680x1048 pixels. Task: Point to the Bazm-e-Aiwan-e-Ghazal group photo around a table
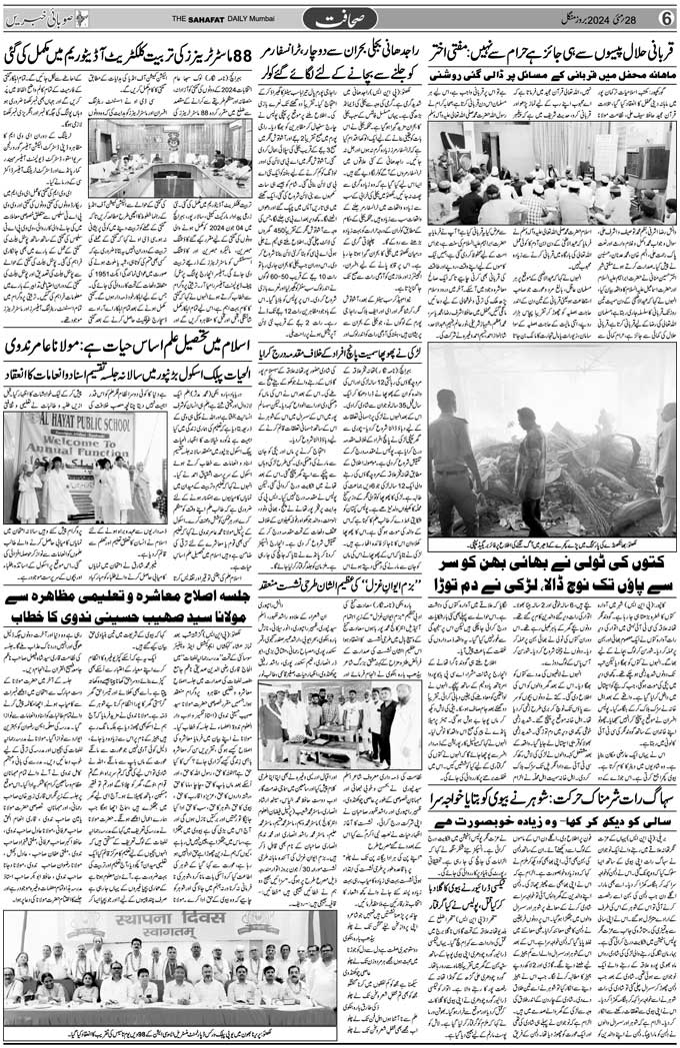[340, 722]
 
